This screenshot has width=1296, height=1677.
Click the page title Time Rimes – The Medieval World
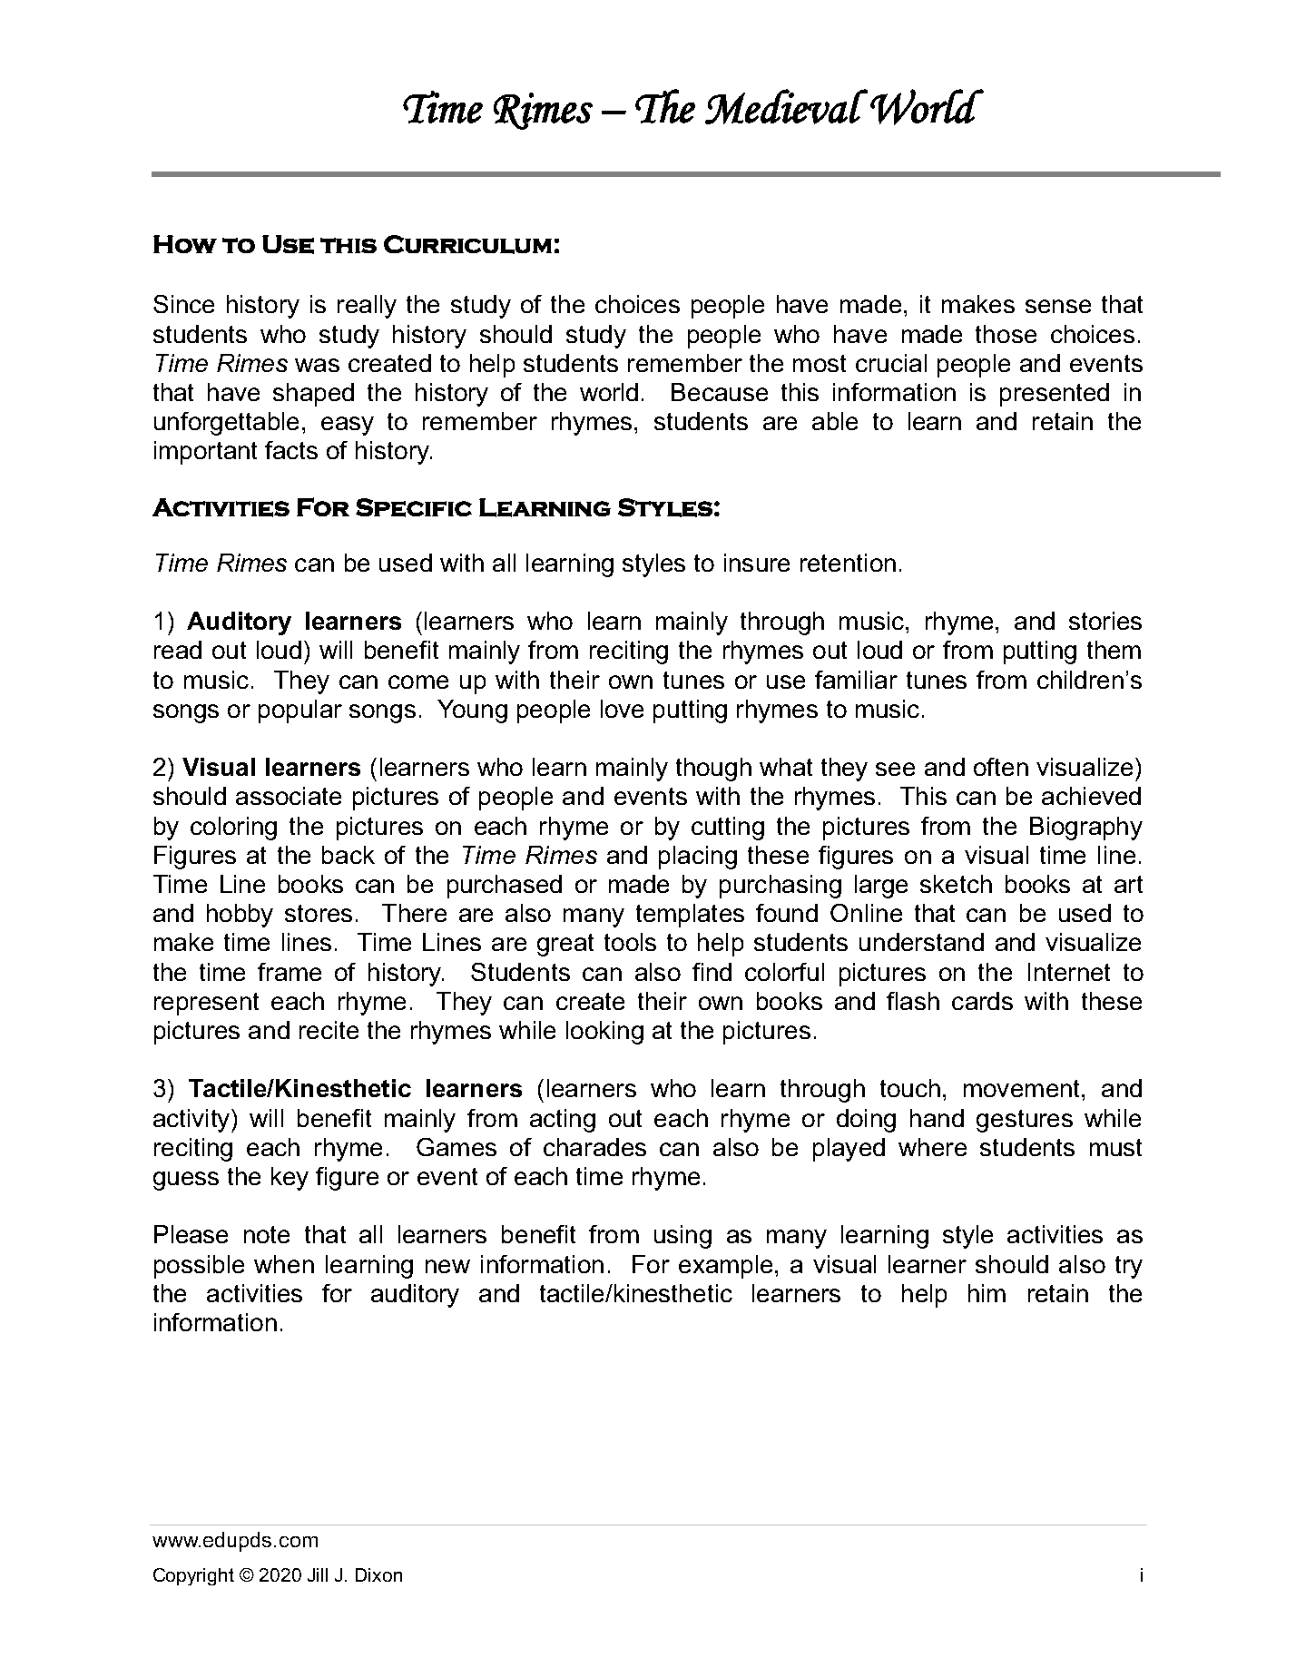[689, 110]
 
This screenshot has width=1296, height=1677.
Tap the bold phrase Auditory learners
[294, 622]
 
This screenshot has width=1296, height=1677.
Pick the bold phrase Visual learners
[271, 768]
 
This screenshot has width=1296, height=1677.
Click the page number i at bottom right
[1140, 1576]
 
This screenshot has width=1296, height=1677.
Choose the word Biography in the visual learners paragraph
[1085, 827]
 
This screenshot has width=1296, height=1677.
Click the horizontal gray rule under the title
[685, 173]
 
